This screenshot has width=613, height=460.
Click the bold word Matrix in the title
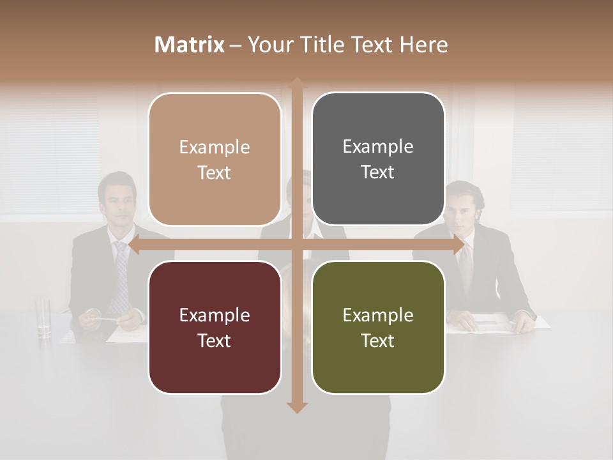click(190, 45)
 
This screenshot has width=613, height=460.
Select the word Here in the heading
click(423, 45)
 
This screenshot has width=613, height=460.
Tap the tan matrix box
click(215, 159)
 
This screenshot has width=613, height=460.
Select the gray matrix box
click(378, 159)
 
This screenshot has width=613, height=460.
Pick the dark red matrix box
click(215, 327)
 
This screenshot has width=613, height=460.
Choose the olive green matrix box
click(378, 327)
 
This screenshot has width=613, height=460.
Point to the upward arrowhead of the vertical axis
click(297, 83)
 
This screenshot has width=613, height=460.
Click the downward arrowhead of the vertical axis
click(297, 407)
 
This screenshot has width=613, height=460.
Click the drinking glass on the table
click(43, 318)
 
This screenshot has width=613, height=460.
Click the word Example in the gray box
click(378, 147)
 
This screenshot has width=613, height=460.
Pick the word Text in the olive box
click(378, 341)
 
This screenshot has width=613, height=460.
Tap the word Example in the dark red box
click(215, 315)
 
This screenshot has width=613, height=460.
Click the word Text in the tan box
click(215, 172)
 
